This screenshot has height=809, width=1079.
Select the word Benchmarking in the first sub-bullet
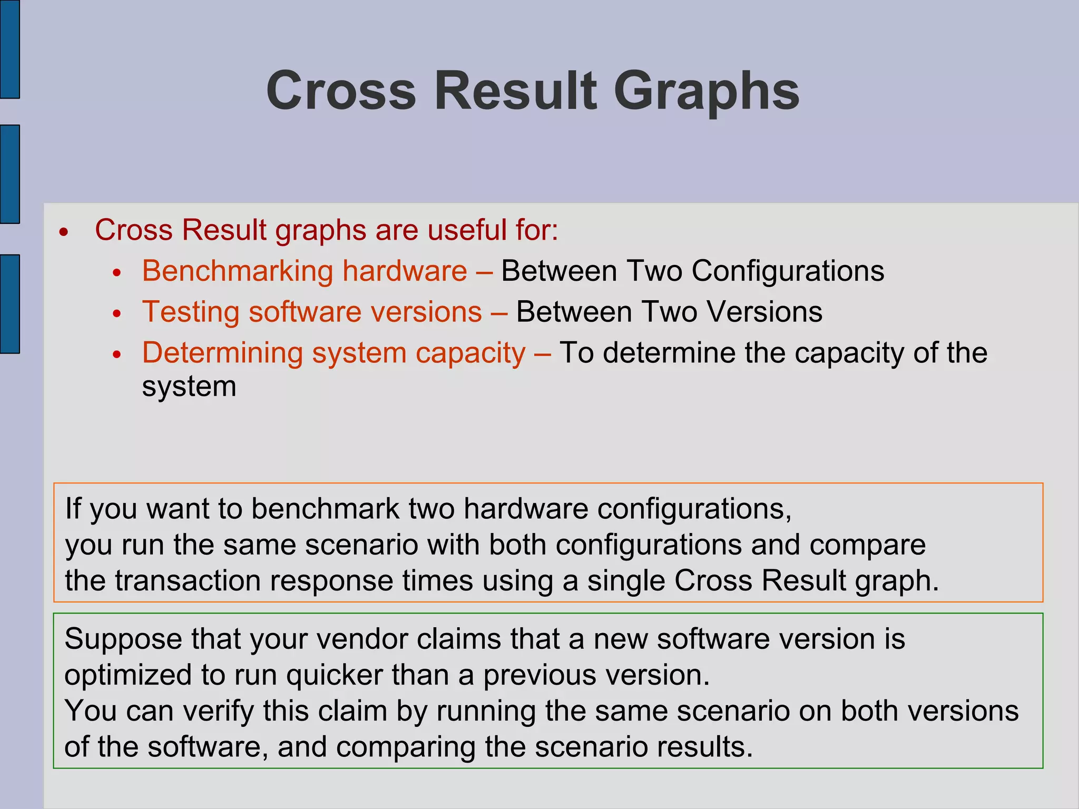pos(238,271)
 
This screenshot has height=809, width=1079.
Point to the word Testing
pos(191,312)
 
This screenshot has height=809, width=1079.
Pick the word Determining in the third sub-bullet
pos(222,353)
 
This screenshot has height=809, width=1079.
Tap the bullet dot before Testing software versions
pos(117,314)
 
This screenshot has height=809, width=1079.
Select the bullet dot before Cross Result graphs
pos(64,232)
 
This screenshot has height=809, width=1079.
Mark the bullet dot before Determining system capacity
pos(117,355)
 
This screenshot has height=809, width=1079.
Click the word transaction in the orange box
pos(188,581)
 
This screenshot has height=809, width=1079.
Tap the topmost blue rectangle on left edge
pos(9,48)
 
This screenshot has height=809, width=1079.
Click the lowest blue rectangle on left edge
pos(9,303)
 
